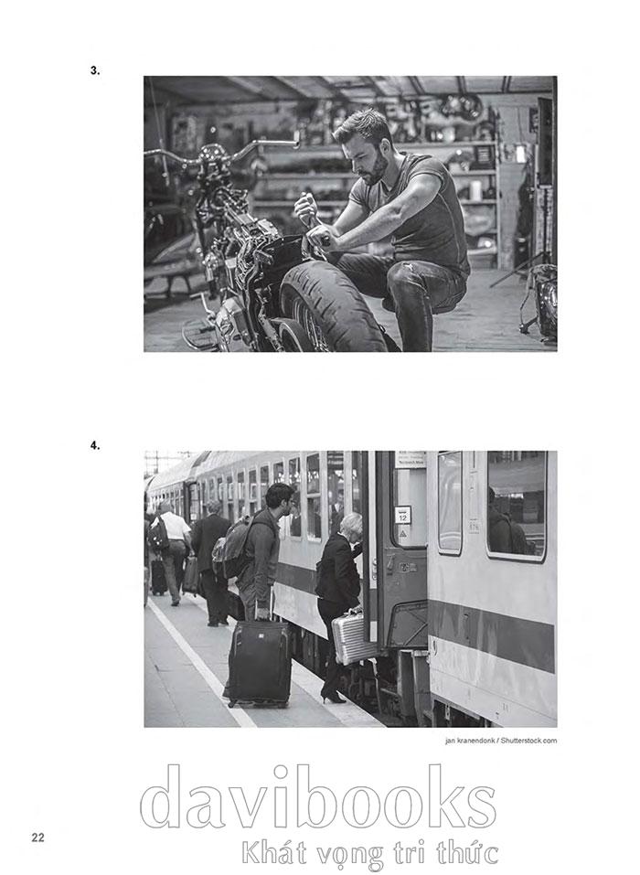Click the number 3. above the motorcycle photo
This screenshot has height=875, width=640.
[95, 70]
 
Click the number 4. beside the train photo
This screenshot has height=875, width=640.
[95, 445]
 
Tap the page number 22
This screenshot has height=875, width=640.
[37, 837]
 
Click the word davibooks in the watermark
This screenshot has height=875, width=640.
[317, 797]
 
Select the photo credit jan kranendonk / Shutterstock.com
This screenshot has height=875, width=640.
[500, 741]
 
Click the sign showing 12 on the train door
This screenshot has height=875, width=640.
[402, 515]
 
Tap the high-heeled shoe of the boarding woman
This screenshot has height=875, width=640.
[333, 698]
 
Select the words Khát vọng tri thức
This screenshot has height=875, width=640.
[369, 854]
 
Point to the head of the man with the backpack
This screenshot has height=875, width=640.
[280, 500]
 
